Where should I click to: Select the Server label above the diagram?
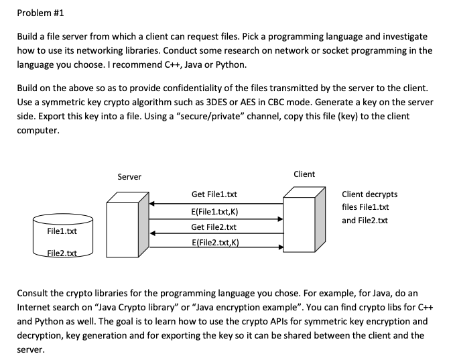pos(129,177)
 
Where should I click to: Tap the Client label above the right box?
pos(304,174)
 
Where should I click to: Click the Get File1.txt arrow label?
pos(214,194)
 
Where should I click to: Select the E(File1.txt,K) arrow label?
pos(214,211)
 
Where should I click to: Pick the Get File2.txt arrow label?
pos(214,227)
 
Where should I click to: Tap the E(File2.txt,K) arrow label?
pos(214,243)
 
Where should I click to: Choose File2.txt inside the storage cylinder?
pos(62,253)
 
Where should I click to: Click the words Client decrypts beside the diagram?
pos(369,194)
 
